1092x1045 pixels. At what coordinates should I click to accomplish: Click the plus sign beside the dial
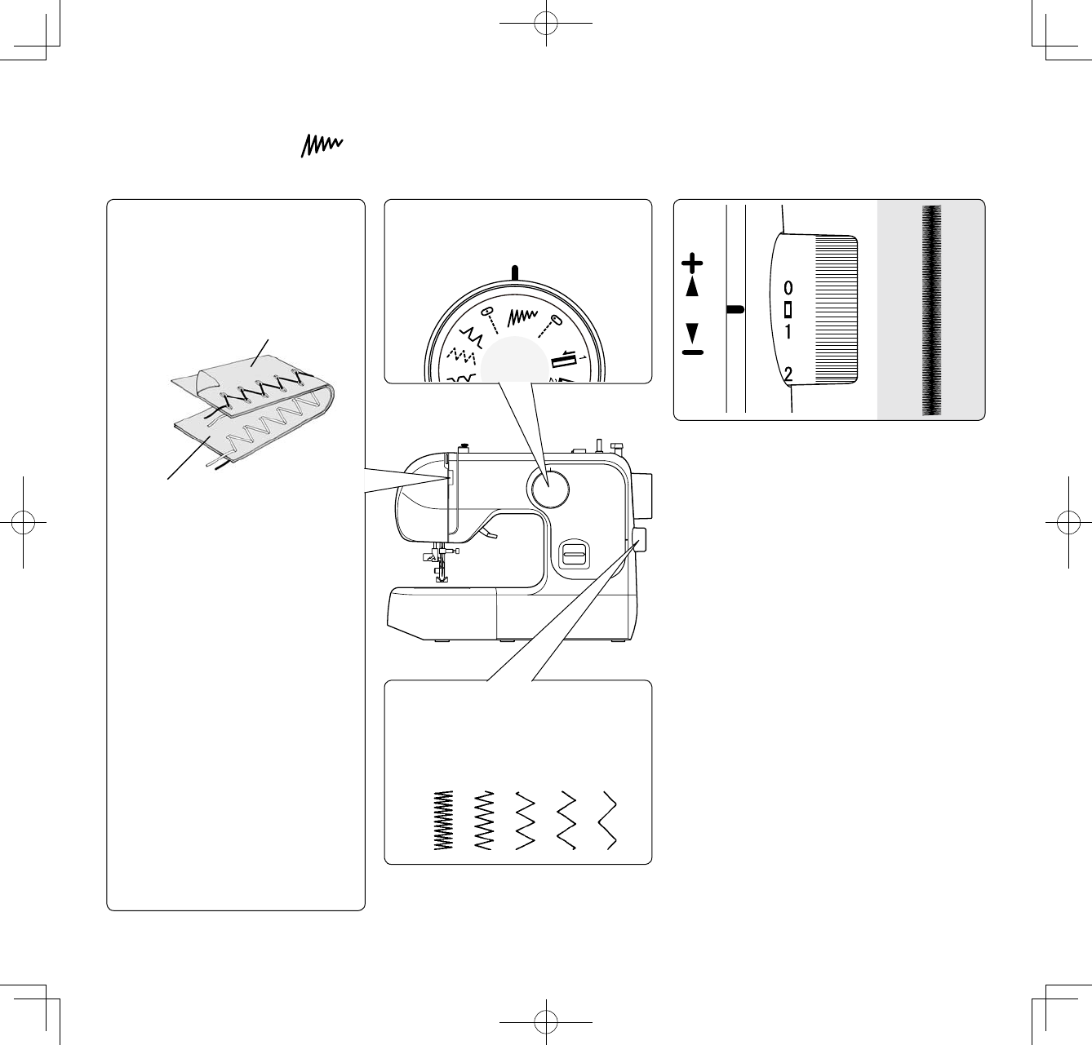[x=691, y=263]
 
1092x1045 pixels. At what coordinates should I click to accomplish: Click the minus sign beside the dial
[x=691, y=352]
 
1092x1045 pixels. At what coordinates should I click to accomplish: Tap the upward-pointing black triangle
[x=692, y=286]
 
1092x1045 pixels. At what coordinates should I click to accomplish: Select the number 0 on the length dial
[x=788, y=289]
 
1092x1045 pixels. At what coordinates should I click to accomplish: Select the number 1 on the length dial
[x=788, y=332]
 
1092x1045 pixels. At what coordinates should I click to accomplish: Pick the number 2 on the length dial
[x=788, y=375]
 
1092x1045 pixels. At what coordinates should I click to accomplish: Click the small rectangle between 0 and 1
[x=788, y=310]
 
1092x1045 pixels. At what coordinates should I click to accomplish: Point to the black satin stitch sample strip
[x=931, y=310]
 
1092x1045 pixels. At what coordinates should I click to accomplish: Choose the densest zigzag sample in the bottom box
[x=443, y=821]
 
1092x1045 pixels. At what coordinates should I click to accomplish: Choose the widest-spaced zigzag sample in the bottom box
[x=608, y=821]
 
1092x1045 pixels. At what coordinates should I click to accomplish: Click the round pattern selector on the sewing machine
[x=548, y=489]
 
